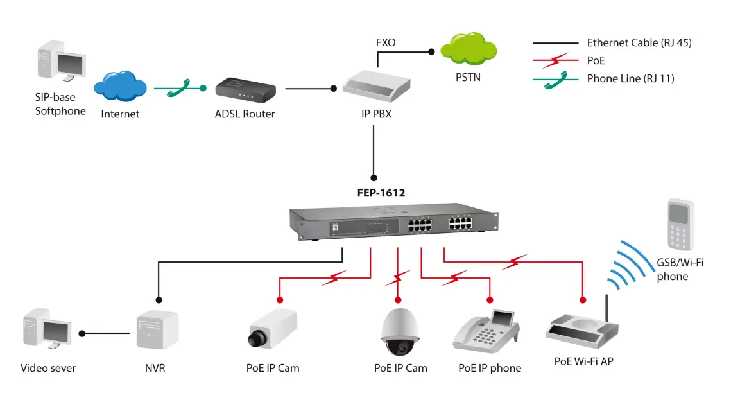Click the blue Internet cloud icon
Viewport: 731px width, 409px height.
click(120, 87)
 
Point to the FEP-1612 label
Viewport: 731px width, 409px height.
click(381, 192)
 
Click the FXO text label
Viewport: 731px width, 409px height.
click(386, 43)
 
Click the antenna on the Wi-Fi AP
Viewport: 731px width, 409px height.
click(605, 310)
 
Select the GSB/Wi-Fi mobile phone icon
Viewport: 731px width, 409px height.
click(679, 224)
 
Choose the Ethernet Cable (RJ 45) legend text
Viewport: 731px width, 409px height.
click(639, 43)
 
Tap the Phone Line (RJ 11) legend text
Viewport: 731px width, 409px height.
click(630, 78)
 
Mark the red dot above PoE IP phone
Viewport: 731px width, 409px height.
click(490, 300)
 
